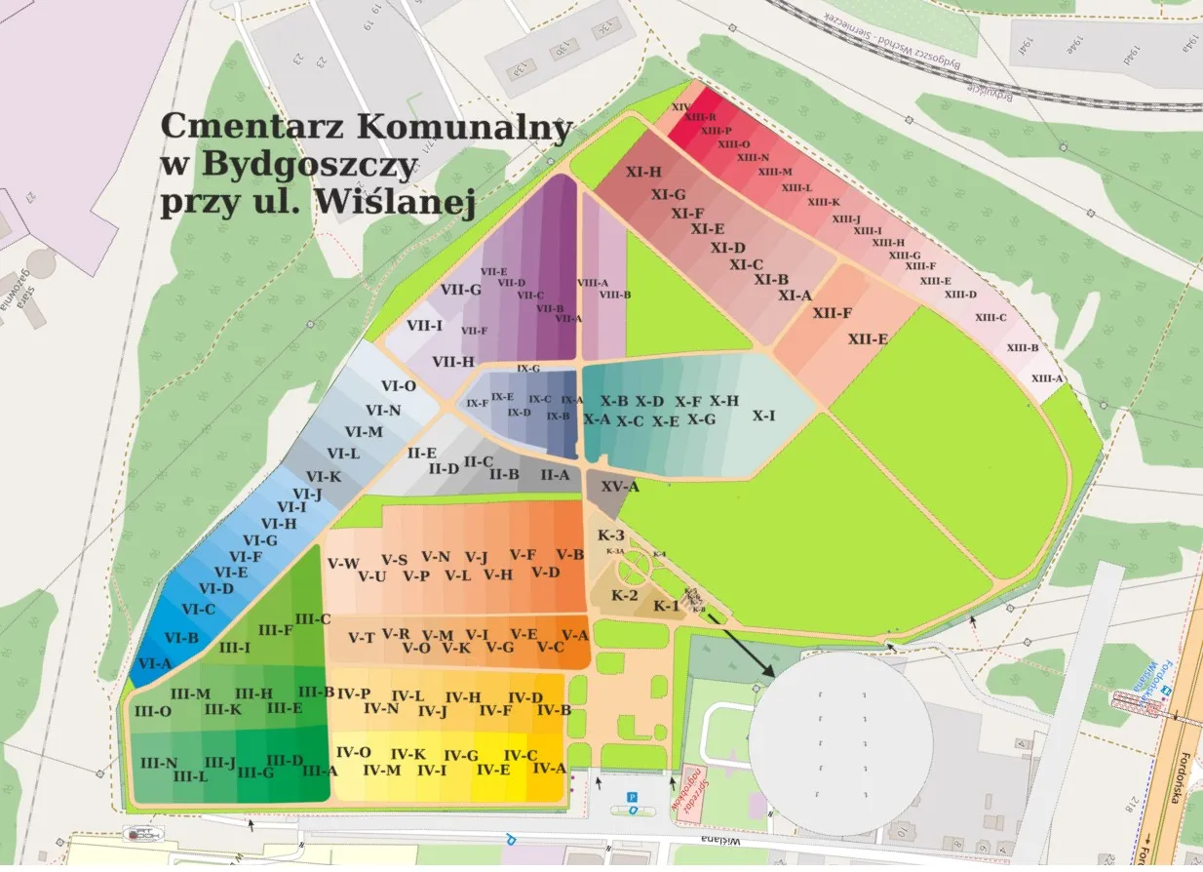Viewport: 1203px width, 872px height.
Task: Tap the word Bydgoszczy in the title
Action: coord(309,164)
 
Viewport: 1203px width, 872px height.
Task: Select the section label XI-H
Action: coord(643,173)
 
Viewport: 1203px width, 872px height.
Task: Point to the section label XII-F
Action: coord(833,313)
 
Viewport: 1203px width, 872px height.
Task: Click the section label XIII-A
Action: coord(1047,378)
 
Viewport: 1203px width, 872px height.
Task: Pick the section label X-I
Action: coord(764,416)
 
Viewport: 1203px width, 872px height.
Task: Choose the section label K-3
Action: coord(610,535)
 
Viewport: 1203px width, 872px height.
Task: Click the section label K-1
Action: coord(667,607)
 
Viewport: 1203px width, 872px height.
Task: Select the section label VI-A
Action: coord(155,663)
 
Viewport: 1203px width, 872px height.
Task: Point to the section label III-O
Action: coord(153,711)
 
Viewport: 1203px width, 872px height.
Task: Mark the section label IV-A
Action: coord(550,768)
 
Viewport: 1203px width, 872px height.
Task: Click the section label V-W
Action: coord(343,563)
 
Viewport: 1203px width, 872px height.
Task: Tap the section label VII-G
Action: coord(461,290)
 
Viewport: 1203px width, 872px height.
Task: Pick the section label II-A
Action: coord(555,475)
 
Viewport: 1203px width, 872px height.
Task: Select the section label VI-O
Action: coord(399,386)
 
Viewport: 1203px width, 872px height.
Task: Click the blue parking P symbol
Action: coord(632,797)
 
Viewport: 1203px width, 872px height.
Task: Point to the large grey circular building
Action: coord(840,742)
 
